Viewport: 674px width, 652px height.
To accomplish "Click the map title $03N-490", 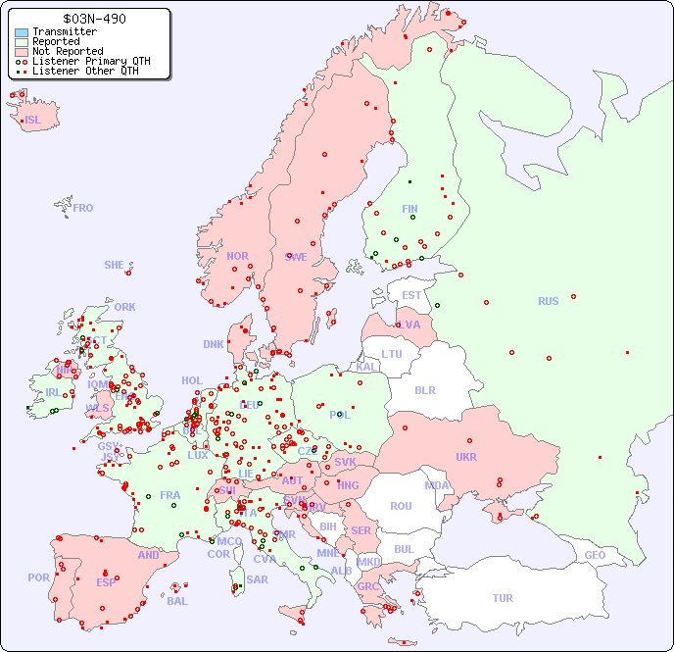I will click(x=93, y=19).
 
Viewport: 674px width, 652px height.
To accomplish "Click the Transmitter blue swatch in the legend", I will click(x=22, y=32).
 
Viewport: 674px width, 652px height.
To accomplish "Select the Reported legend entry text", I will click(x=56, y=42).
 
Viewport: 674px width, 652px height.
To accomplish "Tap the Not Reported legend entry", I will click(x=67, y=52).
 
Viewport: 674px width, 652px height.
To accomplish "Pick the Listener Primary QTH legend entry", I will click(x=91, y=61).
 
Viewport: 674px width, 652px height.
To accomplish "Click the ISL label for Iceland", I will click(x=33, y=121).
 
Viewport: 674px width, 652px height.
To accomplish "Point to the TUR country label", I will click(x=503, y=598).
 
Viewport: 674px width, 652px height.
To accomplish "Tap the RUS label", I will click(x=548, y=301).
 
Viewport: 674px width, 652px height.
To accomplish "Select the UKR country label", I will click(x=466, y=457).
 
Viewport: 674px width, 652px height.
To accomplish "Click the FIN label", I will click(x=409, y=209).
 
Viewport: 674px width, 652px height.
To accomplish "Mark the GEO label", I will click(x=595, y=555).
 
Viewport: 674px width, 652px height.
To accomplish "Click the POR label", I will click(x=38, y=577).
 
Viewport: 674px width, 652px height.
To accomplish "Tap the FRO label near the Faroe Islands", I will click(x=83, y=208).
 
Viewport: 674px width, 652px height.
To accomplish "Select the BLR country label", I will click(x=424, y=389).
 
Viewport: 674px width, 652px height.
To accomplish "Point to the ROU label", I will click(x=401, y=506).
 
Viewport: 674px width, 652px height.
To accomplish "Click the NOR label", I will click(x=237, y=256).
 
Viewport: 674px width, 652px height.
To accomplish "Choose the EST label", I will click(x=411, y=295).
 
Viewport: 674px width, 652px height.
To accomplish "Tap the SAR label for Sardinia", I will click(x=258, y=579).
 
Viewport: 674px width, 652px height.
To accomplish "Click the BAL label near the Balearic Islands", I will click(x=177, y=601).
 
